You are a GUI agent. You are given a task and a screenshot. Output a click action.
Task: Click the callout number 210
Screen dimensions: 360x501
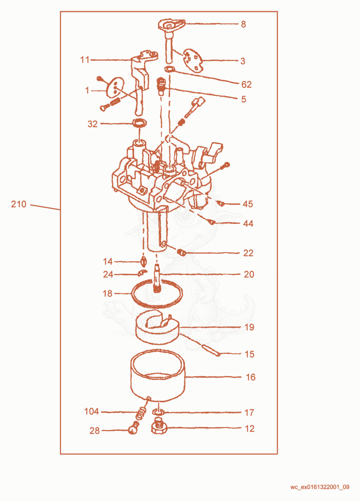coord(18,204)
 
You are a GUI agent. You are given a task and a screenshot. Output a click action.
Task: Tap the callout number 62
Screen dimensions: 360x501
coord(247,85)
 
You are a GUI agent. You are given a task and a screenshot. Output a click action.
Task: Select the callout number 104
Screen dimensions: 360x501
coord(91,411)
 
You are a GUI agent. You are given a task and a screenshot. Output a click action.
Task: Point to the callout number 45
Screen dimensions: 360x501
coord(248,204)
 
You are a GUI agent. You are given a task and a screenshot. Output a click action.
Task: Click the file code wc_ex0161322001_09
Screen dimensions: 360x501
coord(319,487)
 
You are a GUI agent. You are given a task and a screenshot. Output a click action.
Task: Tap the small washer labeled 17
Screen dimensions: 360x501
coord(158,412)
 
